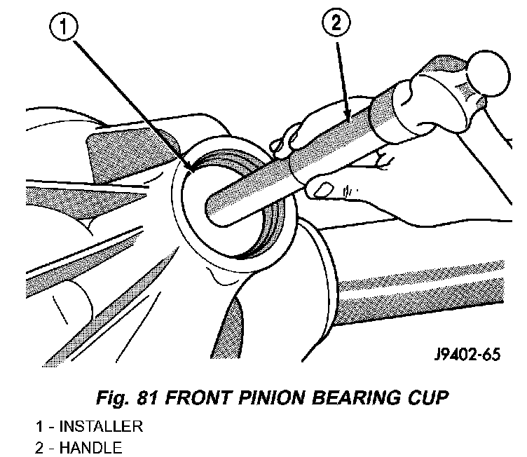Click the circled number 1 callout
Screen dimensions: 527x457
(x=64, y=27)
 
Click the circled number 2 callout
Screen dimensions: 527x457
(x=336, y=22)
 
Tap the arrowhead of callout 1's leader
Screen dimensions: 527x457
(x=191, y=170)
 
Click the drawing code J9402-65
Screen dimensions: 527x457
(x=467, y=355)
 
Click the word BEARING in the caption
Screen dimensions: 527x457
(x=355, y=398)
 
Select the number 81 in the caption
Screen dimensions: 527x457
(x=146, y=398)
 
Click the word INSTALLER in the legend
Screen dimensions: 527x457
(x=101, y=426)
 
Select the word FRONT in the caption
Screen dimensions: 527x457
(x=198, y=398)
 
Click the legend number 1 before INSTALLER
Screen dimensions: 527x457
(x=39, y=426)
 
